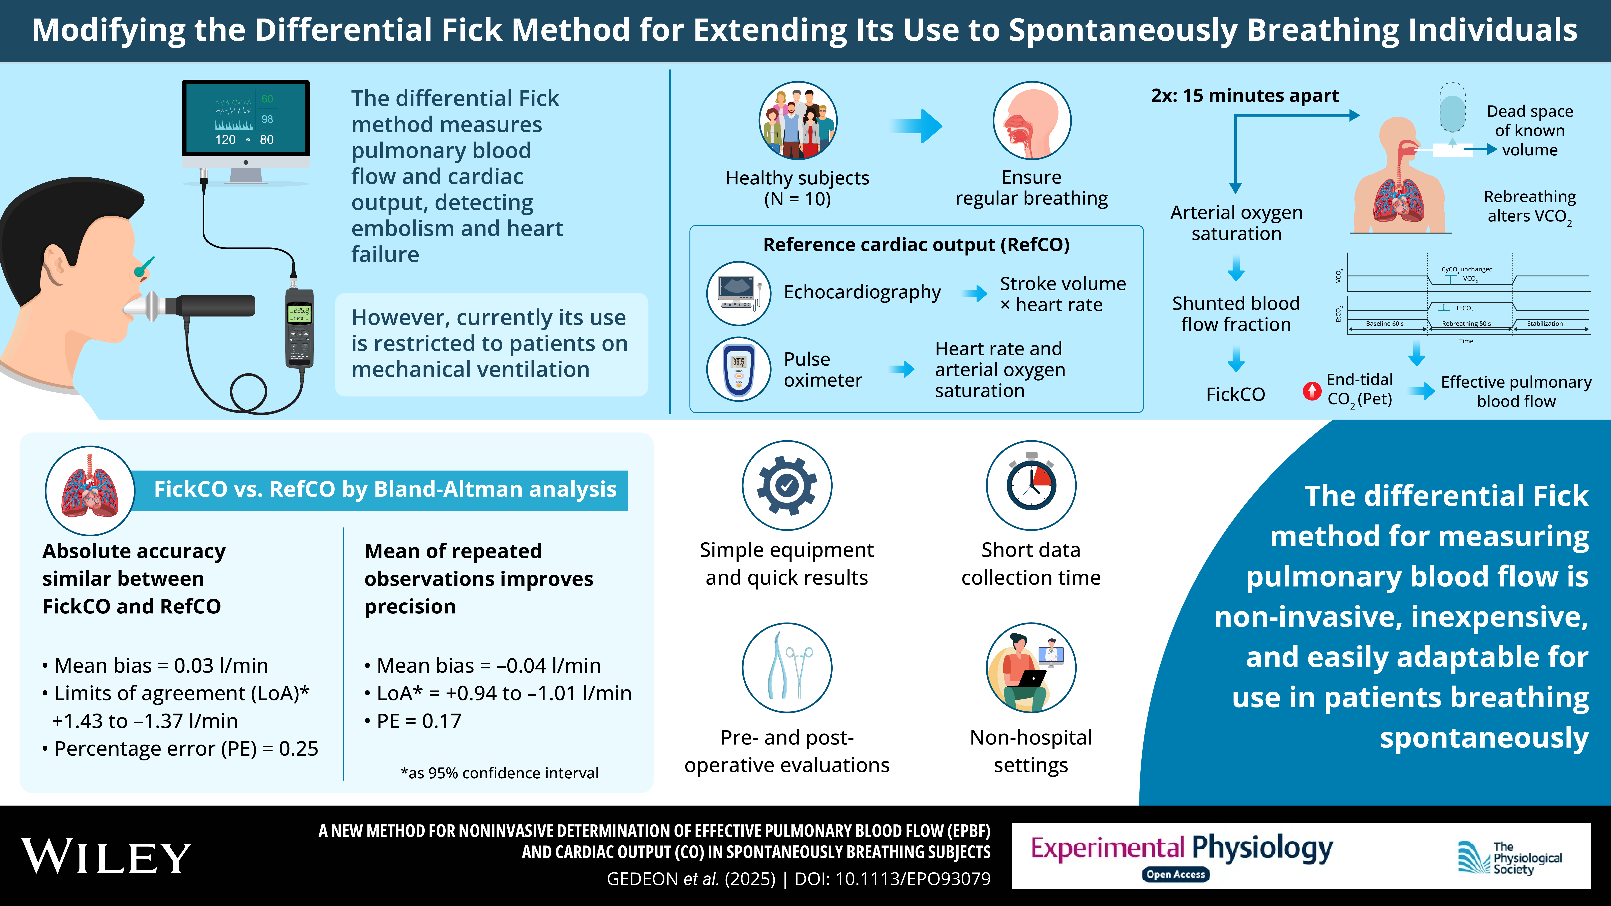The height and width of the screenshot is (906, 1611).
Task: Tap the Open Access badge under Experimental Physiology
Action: [x=1176, y=874]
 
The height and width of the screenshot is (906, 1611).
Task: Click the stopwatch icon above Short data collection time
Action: [x=1031, y=486]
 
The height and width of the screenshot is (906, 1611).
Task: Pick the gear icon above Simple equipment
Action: [x=787, y=486]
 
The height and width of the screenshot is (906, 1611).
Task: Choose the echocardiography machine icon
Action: [x=739, y=293]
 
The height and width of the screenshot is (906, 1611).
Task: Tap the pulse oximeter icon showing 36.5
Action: [x=739, y=369]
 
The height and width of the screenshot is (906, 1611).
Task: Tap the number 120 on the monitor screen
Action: [x=225, y=140]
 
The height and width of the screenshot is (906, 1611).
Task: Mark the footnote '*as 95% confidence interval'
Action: [x=499, y=773]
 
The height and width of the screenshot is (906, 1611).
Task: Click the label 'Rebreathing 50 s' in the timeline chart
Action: [x=1466, y=324]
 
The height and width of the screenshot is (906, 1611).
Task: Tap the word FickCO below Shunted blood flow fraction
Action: [x=1235, y=395]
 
